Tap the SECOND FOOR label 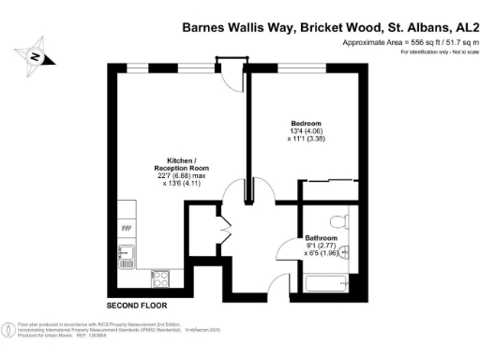[136, 306]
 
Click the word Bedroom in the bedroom [306, 124]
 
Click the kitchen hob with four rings [159, 278]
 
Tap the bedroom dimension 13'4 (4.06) [306, 131]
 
